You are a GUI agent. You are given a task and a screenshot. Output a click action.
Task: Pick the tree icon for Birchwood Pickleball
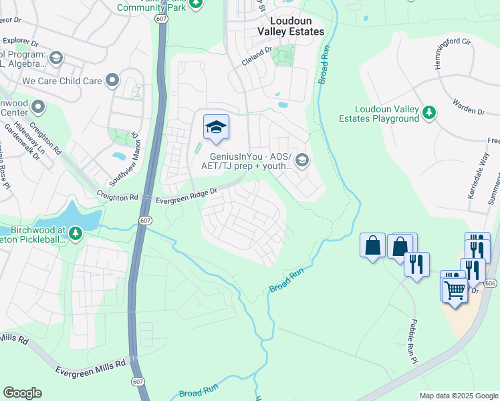point(76,233)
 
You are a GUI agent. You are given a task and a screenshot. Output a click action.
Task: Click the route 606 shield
point(491,283)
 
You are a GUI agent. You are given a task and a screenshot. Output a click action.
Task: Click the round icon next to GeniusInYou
point(302,160)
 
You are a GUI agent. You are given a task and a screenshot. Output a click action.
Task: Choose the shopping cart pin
point(455,290)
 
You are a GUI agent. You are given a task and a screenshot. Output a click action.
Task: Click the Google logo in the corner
point(22,393)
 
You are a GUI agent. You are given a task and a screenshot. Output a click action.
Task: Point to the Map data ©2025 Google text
point(458,396)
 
